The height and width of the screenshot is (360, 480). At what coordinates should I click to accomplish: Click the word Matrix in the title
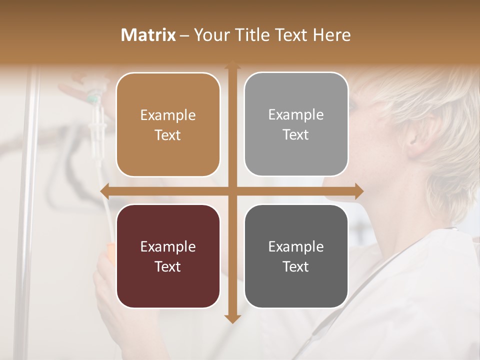click(x=148, y=35)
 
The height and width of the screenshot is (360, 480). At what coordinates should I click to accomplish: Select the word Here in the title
click(x=332, y=35)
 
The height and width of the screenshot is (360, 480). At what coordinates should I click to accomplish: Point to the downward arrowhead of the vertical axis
click(x=232, y=318)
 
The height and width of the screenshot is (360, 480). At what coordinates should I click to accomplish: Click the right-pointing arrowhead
click(x=358, y=191)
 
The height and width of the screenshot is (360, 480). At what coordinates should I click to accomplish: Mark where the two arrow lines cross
click(x=232, y=191)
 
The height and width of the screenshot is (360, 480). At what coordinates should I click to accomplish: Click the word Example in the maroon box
click(x=168, y=246)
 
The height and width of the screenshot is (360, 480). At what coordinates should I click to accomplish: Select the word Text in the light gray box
click(x=296, y=135)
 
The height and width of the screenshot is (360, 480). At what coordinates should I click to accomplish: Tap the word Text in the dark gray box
click(x=296, y=266)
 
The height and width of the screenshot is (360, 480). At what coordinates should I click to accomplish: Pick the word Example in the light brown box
click(x=168, y=115)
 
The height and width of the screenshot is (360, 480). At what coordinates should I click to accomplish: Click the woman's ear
click(x=414, y=140)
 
